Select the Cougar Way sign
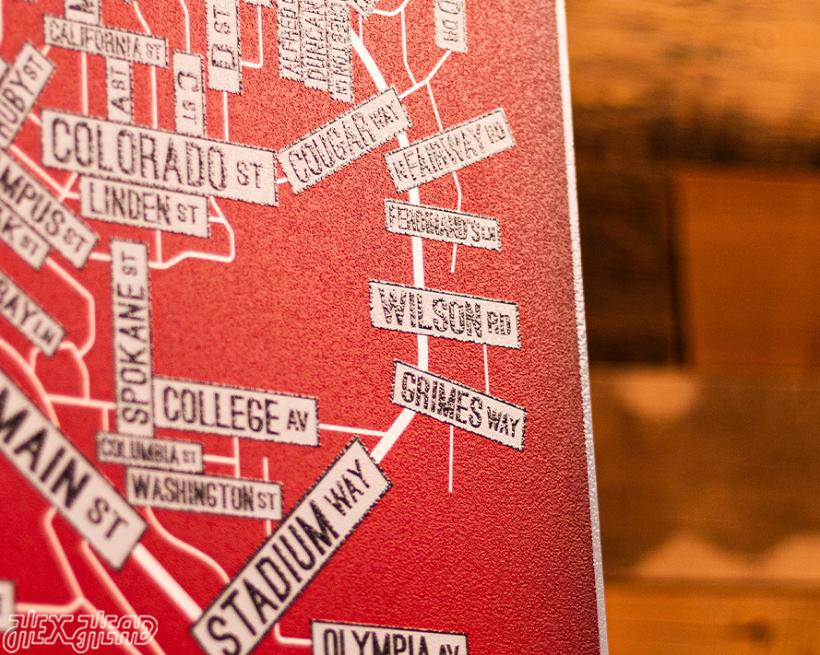click(x=343, y=139)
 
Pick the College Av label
click(x=234, y=411)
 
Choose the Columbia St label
click(x=149, y=451)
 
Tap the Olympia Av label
click(x=388, y=639)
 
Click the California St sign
click(x=105, y=40)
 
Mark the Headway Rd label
click(x=449, y=149)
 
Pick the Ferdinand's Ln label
click(x=443, y=224)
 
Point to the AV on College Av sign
click(x=296, y=421)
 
